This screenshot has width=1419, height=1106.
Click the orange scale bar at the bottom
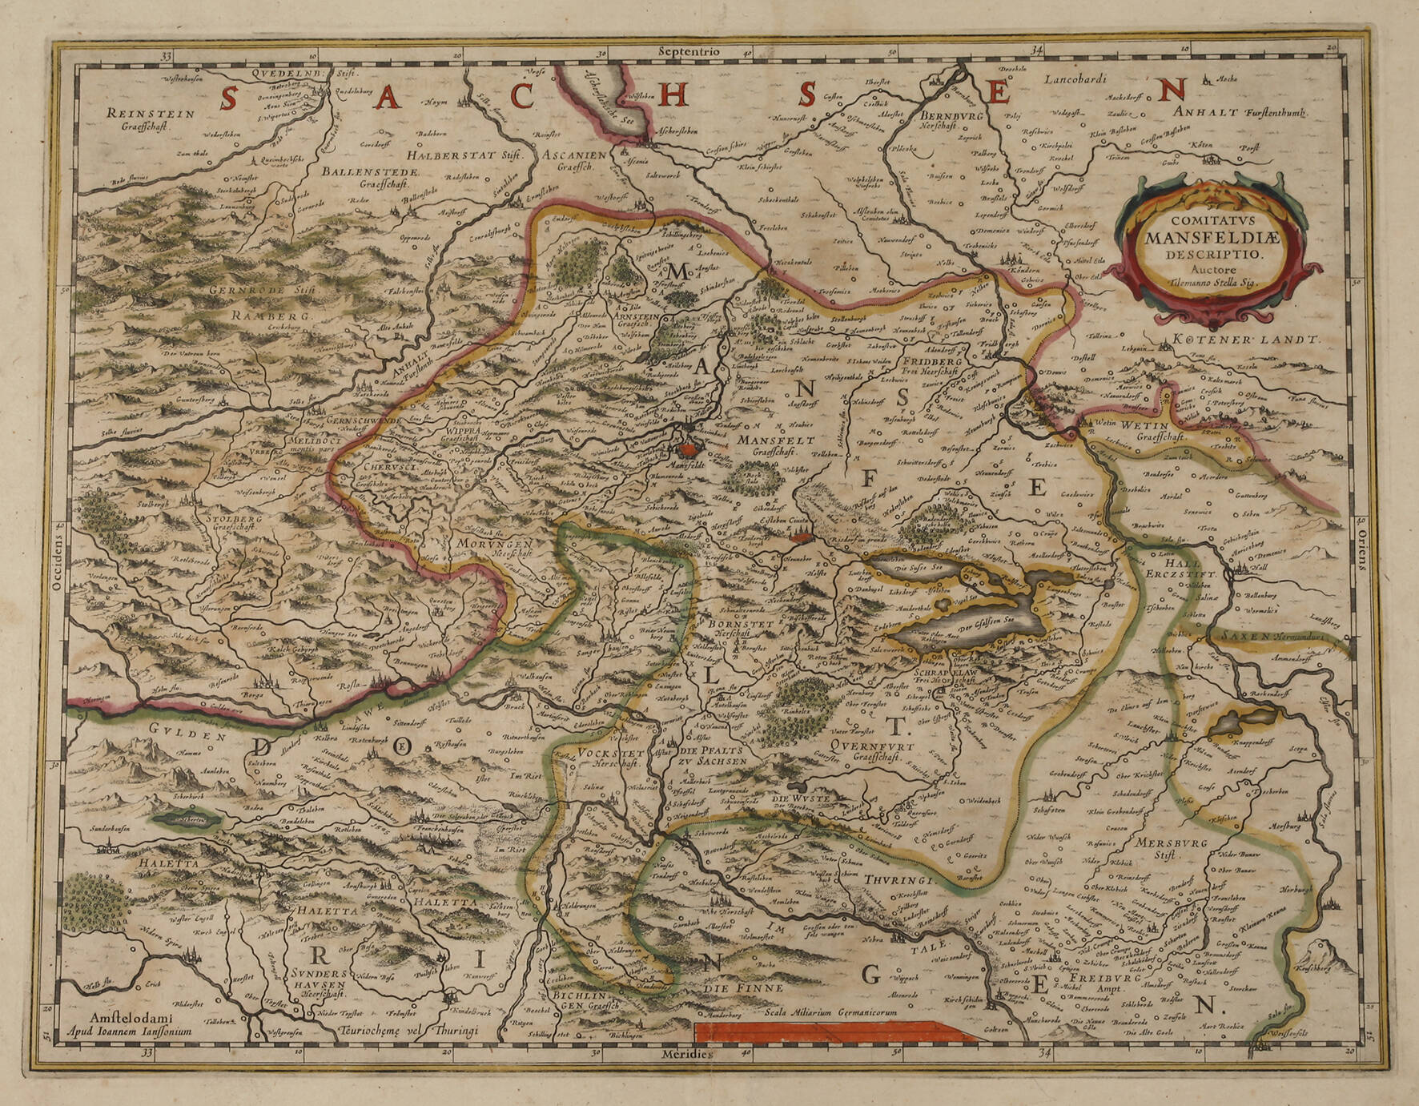click(x=833, y=1032)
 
